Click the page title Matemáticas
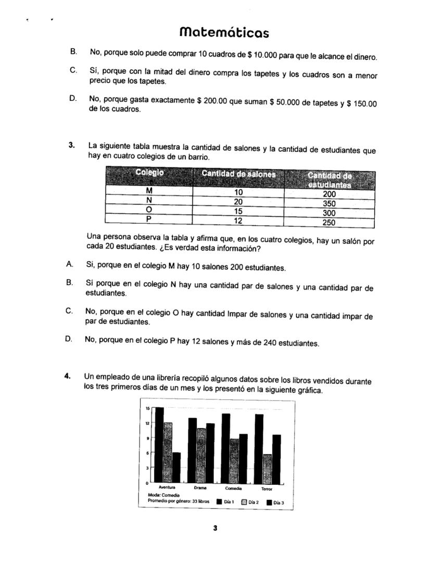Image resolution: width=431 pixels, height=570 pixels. [x=224, y=33]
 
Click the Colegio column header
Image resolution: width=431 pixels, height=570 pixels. [x=149, y=173]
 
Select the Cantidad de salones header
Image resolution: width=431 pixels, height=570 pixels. [x=238, y=174]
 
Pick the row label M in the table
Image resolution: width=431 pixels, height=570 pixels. [x=149, y=191]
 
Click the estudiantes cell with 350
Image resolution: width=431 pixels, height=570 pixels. [x=329, y=204]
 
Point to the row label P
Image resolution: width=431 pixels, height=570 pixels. [x=149, y=219]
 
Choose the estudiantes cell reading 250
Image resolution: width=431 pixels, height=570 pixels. [x=329, y=223]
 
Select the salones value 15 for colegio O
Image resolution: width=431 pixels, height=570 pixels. [x=238, y=211]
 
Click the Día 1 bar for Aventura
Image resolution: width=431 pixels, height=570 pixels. [x=159, y=445]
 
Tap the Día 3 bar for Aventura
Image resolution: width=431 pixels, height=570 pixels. [x=176, y=467]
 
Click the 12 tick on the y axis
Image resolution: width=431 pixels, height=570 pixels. [x=147, y=423]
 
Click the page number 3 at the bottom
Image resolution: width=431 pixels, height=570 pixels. [x=215, y=528]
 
